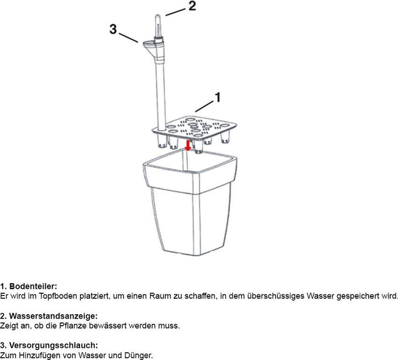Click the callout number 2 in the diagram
(x=192, y=6)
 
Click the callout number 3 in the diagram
(x=113, y=29)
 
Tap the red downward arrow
(x=188, y=145)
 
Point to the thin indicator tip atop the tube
(x=158, y=25)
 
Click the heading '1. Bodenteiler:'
(x=28, y=287)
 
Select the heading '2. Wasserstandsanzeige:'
(x=49, y=316)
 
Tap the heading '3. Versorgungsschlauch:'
(x=49, y=345)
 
